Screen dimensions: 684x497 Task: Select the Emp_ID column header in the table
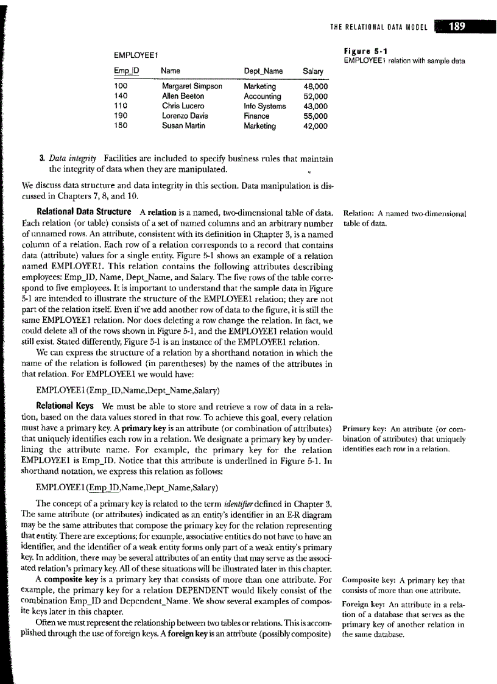127,71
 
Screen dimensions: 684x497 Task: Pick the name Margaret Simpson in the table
192,86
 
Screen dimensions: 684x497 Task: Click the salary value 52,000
315,96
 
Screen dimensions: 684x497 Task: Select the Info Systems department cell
264,106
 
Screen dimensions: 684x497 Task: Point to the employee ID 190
121,116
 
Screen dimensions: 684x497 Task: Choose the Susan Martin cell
183,126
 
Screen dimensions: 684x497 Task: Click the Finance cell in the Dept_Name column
256,116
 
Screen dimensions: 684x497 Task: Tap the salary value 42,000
315,126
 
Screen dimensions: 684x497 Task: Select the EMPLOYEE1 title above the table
132,56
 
